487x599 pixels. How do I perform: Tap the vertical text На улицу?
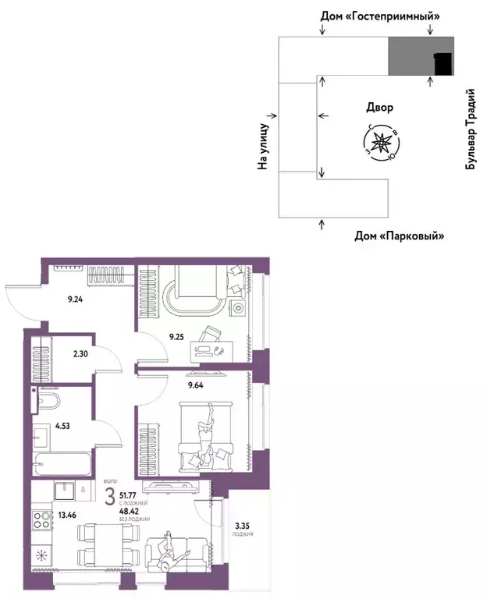[x=263, y=146]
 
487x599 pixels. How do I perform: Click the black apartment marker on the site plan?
[x=443, y=63]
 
